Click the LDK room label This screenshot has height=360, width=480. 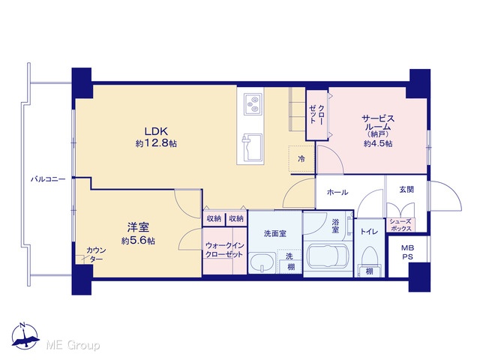point(156,132)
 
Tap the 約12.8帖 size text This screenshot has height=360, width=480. point(156,143)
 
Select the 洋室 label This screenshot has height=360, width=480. point(138,227)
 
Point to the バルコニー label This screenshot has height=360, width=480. point(48,179)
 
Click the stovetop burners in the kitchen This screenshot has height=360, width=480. point(253,104)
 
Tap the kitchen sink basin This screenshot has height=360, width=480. point(253,147)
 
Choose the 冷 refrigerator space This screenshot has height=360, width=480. point(301,159)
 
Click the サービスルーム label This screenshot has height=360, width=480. point(378,122)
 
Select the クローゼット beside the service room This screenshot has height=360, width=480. point(316,115)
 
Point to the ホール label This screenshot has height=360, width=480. point(337,192)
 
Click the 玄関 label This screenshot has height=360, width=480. point(406,190)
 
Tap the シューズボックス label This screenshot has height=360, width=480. point(400,225)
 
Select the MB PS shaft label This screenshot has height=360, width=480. point(407,253)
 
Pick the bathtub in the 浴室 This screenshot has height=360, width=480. point(327,257)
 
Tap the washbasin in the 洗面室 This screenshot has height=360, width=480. point(262,262)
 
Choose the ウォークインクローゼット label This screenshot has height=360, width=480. point(224,250)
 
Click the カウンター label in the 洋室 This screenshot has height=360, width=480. point(96,255)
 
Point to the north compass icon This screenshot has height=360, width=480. point(25,336)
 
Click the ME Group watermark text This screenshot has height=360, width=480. point(73,345)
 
